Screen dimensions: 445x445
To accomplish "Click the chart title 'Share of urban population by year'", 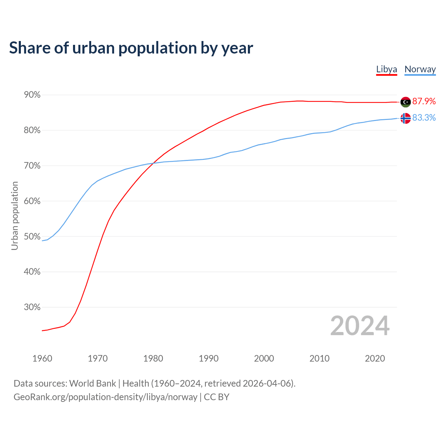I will click(x=131, y=48).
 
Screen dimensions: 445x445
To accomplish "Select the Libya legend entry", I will click(x=387, y=69).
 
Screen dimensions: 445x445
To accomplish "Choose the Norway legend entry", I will click(x=420, y=69).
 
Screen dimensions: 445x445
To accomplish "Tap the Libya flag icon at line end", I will click(x=406, y=102).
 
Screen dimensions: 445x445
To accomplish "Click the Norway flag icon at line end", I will click(x=406, y=119).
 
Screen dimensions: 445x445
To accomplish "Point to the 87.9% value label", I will click(x=424, y=101).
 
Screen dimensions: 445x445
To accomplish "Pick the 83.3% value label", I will click(x=424, y=118).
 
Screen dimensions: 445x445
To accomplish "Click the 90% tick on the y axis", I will click(x=32, y=95).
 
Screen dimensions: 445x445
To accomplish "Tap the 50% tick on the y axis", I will click(x=32, y=236).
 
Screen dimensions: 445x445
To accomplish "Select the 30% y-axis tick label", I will click(x=32, y=307).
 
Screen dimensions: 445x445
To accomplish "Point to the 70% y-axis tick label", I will click(x=32, y=166).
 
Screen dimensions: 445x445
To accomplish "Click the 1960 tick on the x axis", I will click(x=42, y=358).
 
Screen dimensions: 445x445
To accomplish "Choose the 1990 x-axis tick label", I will click(x=209, y=358).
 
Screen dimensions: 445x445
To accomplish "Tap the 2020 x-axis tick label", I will click(x=375, y=358).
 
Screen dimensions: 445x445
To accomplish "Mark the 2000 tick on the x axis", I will click(x=264, y=358).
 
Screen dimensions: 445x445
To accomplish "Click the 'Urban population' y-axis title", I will click(x=15, y=216).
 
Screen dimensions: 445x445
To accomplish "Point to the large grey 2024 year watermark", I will click(x=360, y=326).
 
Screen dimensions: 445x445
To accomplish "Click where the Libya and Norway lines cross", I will click(x=154, y=163).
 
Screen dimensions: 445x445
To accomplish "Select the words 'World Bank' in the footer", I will click(x=92, y=383).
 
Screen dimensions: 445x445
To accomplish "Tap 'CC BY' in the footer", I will click(x=217, y=397).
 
